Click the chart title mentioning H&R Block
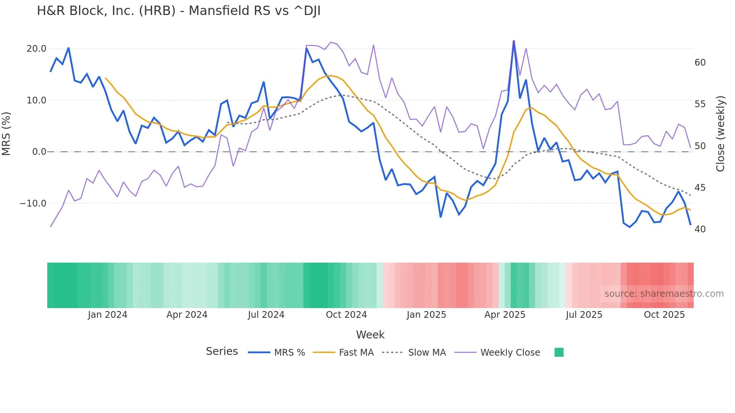tap(178, 11)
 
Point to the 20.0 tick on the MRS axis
tap(36, 49)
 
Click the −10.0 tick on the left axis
tap(33, 204)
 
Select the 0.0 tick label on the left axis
tap(39, 152)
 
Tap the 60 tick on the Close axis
tap(700, 63)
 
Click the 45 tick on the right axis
tap(700, 188)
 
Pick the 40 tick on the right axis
tap(700, 229)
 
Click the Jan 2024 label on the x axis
tap(108, 315)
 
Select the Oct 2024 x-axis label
tap(346, 315)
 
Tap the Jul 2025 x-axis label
tap(584, 315)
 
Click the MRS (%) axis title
tap(6, 133)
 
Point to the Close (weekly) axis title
tap(720, 134)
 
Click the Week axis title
tap(370, 335)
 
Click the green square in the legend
tap(559, 352)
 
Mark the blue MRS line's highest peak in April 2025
tap(514, 41)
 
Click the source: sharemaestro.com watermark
tap(664, 294)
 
